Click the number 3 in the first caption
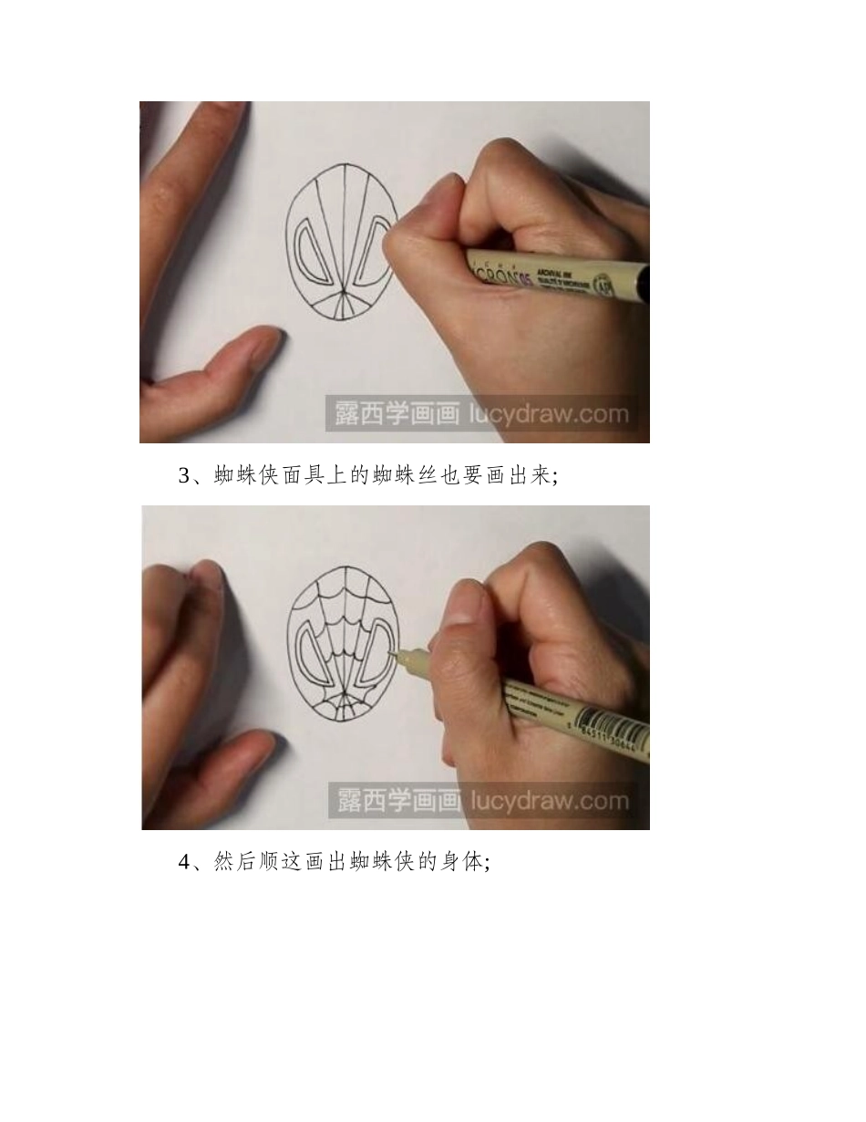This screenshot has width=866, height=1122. [183, 475]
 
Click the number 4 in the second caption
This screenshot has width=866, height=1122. [183, 862]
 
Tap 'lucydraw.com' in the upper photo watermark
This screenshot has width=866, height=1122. [549, 414]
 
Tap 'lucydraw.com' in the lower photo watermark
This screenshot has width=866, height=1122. [549, 802]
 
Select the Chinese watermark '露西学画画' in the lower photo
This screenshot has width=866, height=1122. [398, 802]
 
